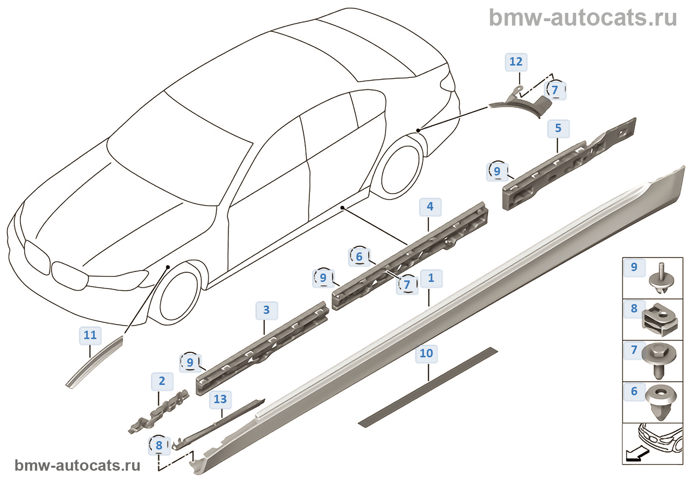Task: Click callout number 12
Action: point(516,62)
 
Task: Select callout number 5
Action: point(558,129)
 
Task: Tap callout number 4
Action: point(430,207)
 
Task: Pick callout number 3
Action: point(266,310)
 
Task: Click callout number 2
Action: point(162,381)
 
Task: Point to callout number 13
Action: point(220,400)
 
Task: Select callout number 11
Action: point(90,336)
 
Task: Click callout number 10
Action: point(426,353)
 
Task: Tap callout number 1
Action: point(431,278)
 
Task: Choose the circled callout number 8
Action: point(159,446)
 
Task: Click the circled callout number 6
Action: point(359,257)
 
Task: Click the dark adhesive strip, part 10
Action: point(428,387)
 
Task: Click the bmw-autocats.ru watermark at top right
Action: point(583,18)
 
